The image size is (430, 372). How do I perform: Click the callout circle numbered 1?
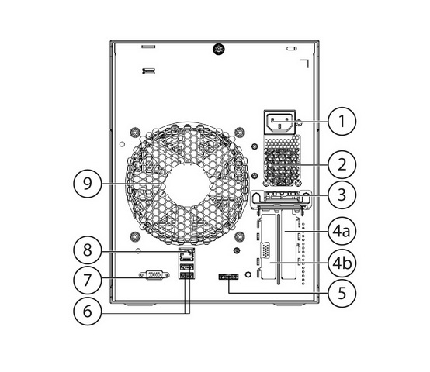pos(342,121)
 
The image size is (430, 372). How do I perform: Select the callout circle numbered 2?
pos(342,165)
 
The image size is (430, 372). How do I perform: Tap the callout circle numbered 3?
pos(342,195)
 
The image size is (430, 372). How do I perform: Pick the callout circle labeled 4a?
pos(342,231)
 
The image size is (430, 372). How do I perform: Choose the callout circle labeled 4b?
pos(342,263)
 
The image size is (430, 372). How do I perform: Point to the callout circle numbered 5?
pos(342,293)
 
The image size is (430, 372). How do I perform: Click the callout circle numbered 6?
pos(87,312)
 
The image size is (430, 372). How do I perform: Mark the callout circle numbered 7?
pos(87,280)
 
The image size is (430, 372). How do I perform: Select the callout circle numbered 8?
pos(87,250)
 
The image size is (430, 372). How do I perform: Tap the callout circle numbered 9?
pos(87,184)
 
